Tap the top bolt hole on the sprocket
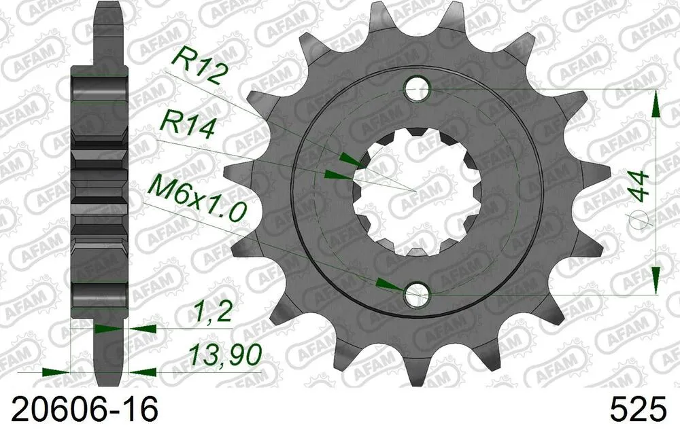pyautogui.click(x=417, y=88)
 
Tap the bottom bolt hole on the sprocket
pyautogui.click(x=417, y=295)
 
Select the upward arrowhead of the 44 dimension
pyautogui.click(x=656, y=104)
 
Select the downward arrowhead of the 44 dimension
pyautogui.click(x=656, y=279)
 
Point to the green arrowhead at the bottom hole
pyautogui.click(x=388, y=283)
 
